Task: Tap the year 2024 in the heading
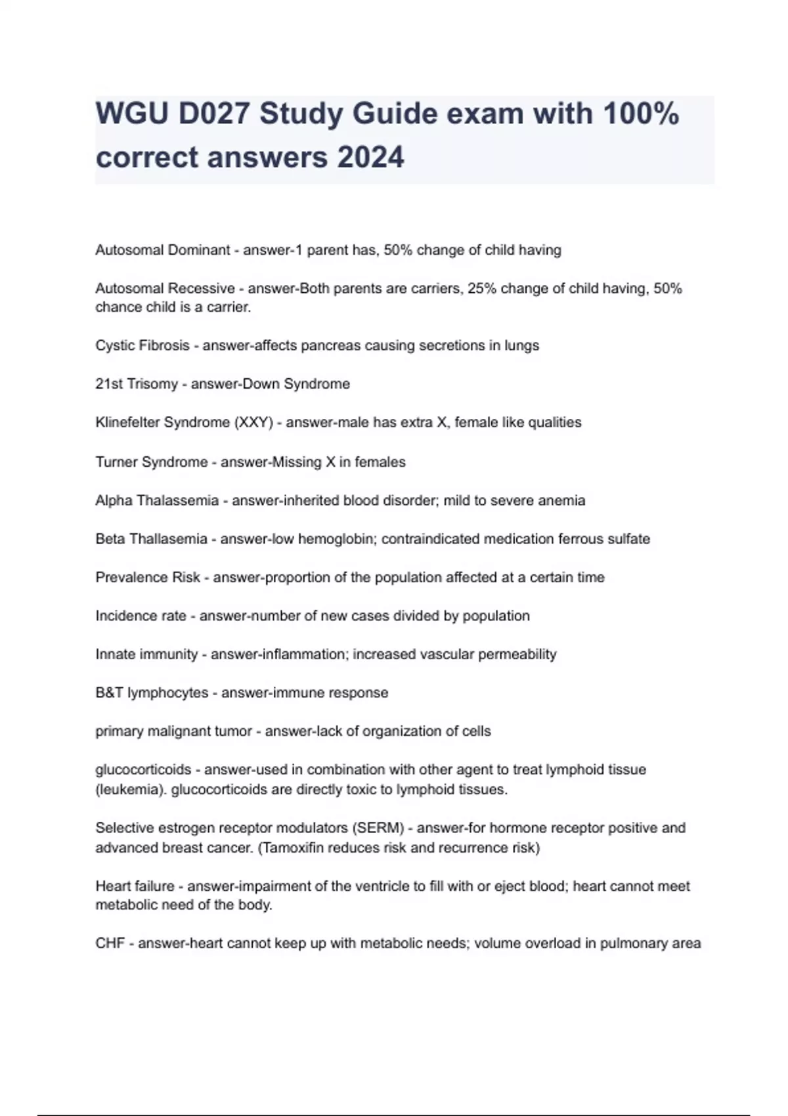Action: tap(370, 158)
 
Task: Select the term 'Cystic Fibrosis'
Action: tap(142, 346)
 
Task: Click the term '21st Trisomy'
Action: tap(137, 384)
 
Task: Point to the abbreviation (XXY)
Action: tap(253, 423)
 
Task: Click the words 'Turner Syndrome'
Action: tap(152, 462)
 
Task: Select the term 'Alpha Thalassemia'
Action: tap(157, 501)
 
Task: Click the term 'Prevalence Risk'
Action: tap(148, 578)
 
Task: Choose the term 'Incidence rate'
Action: tap(141, 616)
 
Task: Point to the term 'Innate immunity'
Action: tap(146, 655)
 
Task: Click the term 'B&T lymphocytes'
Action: tap(152, 693)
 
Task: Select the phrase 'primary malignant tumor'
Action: tap(174, 731)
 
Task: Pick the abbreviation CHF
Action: tap(110, 944)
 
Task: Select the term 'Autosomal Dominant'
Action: tap(162, 250)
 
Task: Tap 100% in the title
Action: tap(640, 114)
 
